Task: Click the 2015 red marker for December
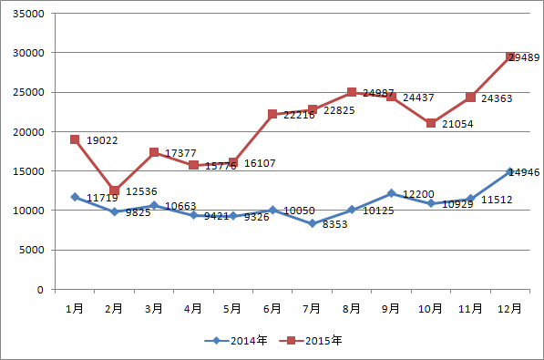point(511,57)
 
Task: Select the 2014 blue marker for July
point(313,223)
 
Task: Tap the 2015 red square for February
point(114,190)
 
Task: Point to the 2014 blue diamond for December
point(511,171)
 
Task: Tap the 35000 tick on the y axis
point(30,14)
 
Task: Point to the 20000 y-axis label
point(30,132)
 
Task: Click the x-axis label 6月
point(272,308)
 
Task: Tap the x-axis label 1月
point(75,308)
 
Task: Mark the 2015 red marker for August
point(352,92)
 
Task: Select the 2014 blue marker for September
point(392,193)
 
